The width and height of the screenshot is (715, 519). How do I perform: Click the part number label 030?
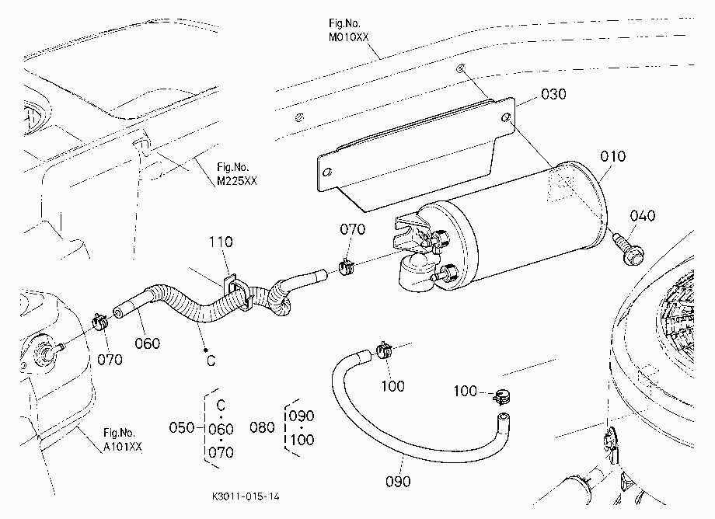[x=553, y=94]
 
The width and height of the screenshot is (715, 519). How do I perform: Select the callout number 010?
[x=613, y=157]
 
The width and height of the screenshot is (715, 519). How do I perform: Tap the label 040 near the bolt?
[x=643, y=215]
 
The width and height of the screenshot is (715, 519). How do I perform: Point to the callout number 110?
[x=221, y=242]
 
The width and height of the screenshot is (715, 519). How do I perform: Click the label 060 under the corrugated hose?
[x=148, y=343]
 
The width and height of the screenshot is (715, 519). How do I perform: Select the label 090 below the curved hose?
[x=398, y=482]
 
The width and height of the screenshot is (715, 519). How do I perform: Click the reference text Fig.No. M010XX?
[x=348, y=30]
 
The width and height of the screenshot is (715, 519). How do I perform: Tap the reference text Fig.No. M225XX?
[x=237, y=174]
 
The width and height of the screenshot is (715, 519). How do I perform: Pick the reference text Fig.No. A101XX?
[x=122, y=440]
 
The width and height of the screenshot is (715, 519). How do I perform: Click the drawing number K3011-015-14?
[x=246, y=496]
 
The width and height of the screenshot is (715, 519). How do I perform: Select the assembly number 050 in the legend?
[x=182, y=428]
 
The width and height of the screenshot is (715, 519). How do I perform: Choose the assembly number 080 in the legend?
[x=262, y=427]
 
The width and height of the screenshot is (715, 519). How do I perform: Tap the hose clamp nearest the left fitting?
[x=99, y=322]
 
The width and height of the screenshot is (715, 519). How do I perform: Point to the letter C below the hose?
[x=211, y=361]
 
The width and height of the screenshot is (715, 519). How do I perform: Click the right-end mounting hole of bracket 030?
[x=506, y=118]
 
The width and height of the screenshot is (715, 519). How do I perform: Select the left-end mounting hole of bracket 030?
[x=327, y=172]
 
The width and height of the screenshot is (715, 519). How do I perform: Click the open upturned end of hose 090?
[x=503, y=417]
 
